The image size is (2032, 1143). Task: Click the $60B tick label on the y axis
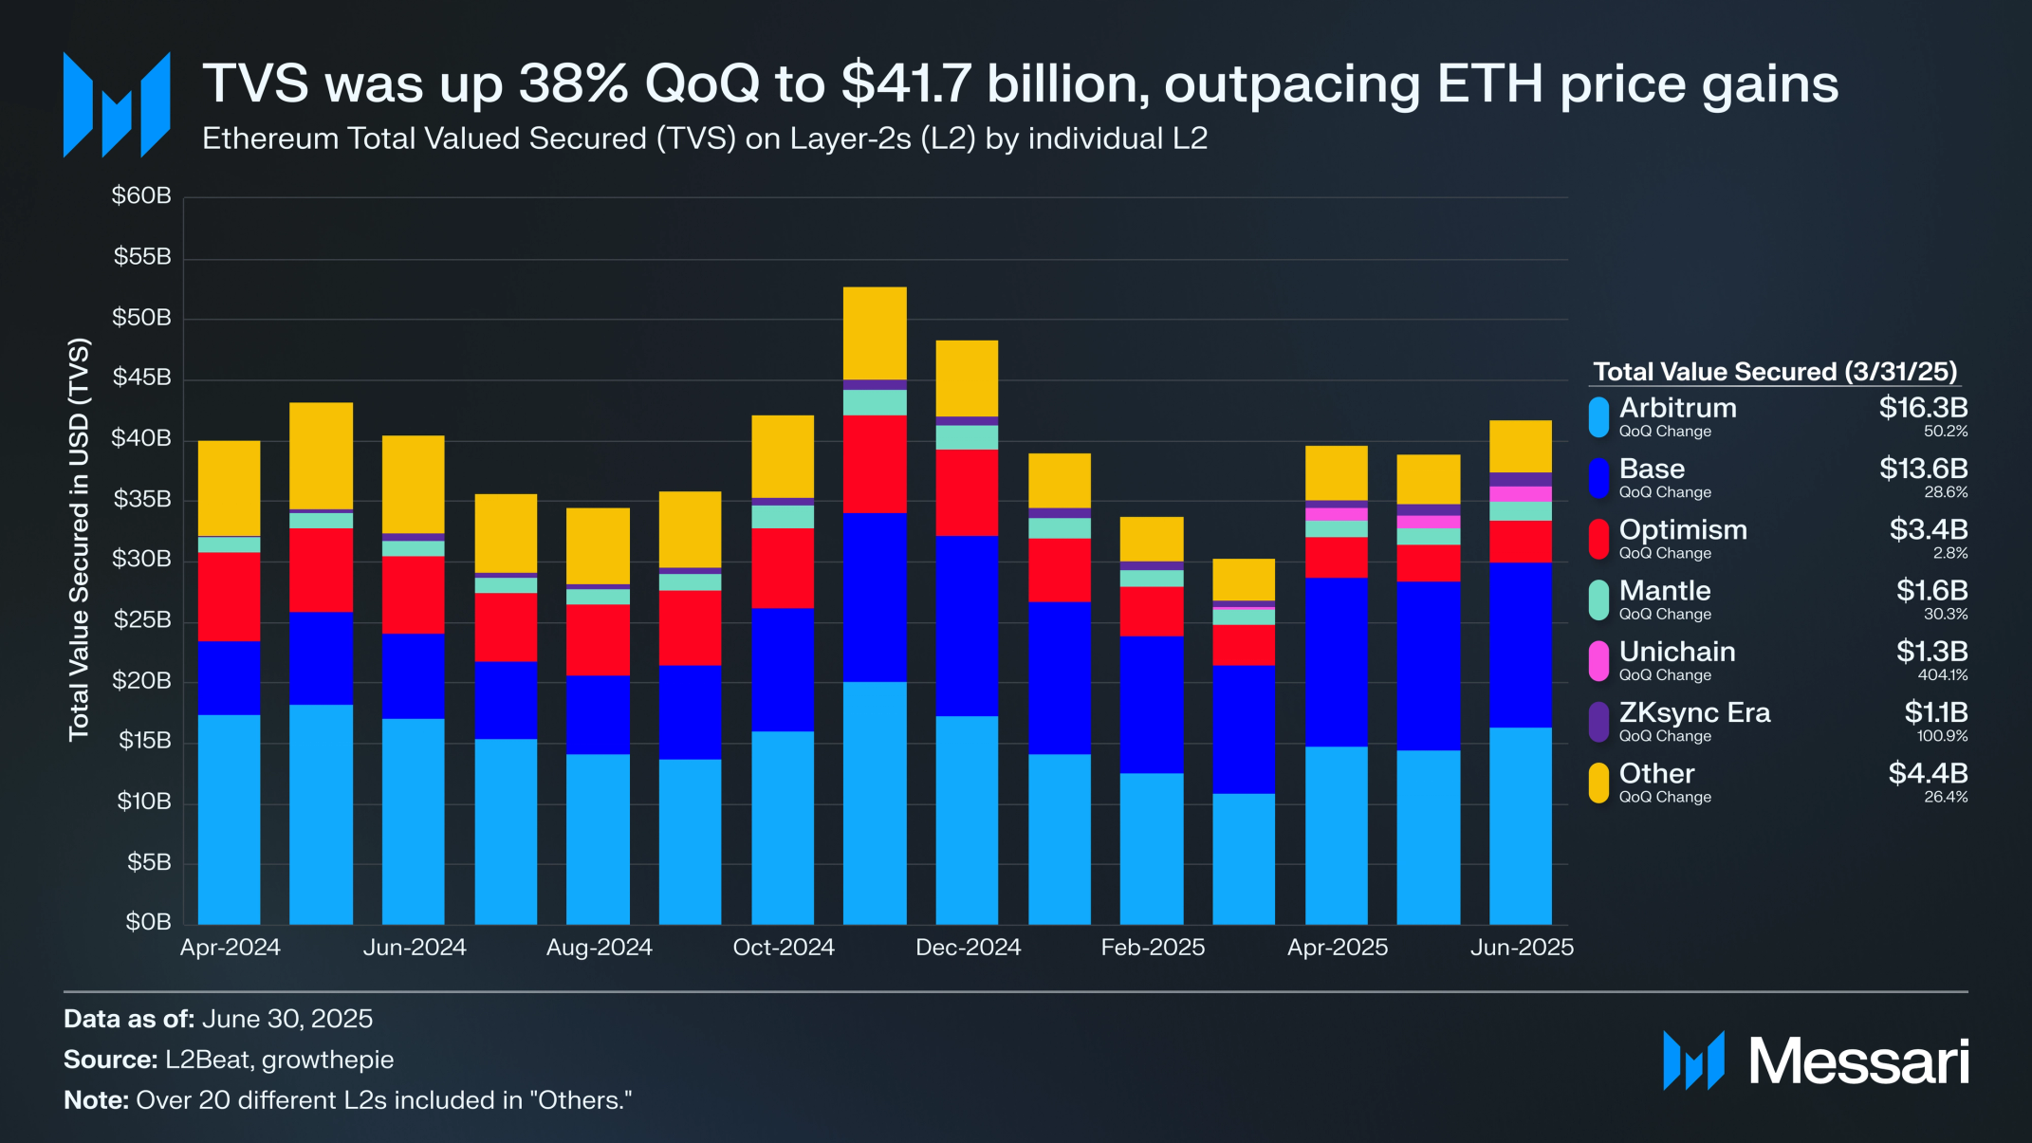141,196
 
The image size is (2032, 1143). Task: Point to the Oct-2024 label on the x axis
784,948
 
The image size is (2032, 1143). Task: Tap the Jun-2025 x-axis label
1522,948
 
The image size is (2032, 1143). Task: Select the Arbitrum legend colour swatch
1598,417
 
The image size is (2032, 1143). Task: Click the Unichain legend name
1677,652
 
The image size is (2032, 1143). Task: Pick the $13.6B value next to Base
1923,469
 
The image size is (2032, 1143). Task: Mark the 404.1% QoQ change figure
1942,675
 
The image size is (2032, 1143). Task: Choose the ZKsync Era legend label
1694,712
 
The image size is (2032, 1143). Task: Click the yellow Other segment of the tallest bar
875,333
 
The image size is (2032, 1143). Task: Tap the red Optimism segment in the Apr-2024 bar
229,597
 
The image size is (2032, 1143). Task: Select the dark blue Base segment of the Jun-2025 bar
1521,645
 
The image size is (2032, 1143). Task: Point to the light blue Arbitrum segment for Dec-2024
967,820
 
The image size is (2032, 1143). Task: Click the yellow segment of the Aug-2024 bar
598,545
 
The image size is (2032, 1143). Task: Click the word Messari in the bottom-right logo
1858,1061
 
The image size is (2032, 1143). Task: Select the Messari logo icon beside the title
117,104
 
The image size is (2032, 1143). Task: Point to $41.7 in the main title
907,83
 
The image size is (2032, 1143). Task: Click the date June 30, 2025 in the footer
287,1019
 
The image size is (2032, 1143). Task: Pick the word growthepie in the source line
327,1060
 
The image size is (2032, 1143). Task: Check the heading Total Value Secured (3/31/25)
1774,372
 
